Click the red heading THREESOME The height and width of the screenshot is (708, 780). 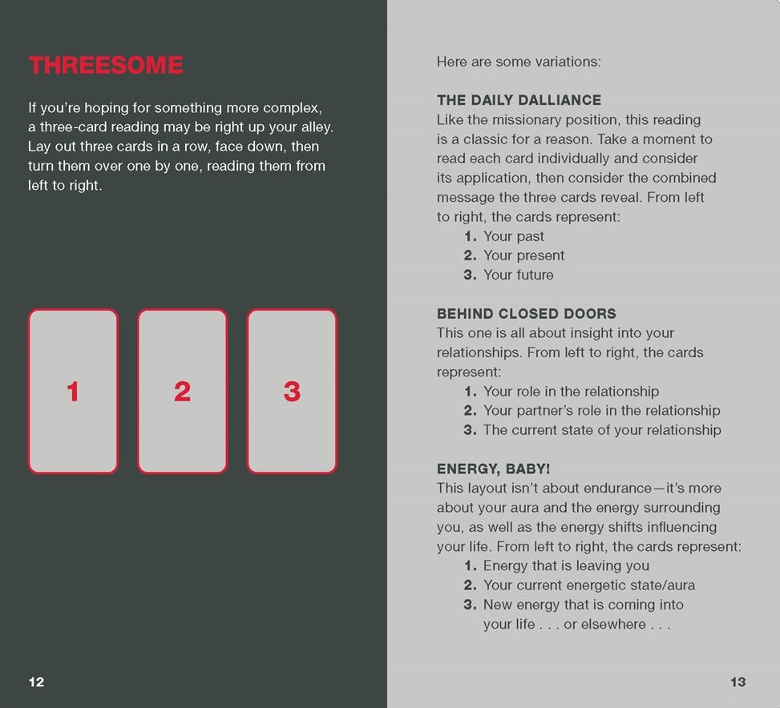106,65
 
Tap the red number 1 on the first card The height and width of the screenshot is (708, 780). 73,391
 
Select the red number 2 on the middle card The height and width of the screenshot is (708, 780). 183,391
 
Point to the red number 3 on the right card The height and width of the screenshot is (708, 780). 292,391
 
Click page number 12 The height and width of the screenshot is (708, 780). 36,682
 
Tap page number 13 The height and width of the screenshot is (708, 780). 738,682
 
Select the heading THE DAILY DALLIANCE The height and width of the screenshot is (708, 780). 519,100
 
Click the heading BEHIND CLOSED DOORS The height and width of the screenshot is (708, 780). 527,313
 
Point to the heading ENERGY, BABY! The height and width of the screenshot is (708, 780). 494,469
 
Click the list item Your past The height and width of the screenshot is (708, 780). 514,236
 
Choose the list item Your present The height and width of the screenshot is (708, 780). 523,255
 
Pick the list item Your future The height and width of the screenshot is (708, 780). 519,275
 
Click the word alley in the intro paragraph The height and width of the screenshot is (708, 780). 316,127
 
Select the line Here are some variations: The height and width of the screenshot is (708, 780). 519,62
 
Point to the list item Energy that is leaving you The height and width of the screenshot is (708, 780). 566,565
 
